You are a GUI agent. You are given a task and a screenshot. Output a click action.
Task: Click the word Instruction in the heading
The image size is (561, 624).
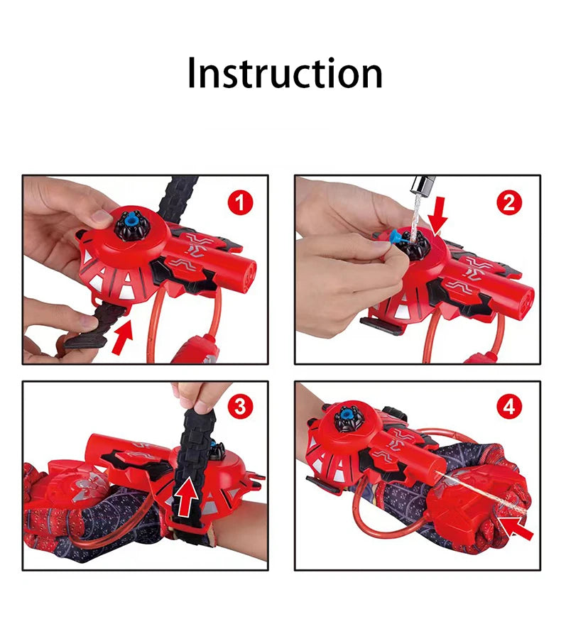285,73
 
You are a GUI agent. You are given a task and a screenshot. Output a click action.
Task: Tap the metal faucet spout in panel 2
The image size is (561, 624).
419,188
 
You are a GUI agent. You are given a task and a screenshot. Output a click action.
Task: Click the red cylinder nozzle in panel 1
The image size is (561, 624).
243,275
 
